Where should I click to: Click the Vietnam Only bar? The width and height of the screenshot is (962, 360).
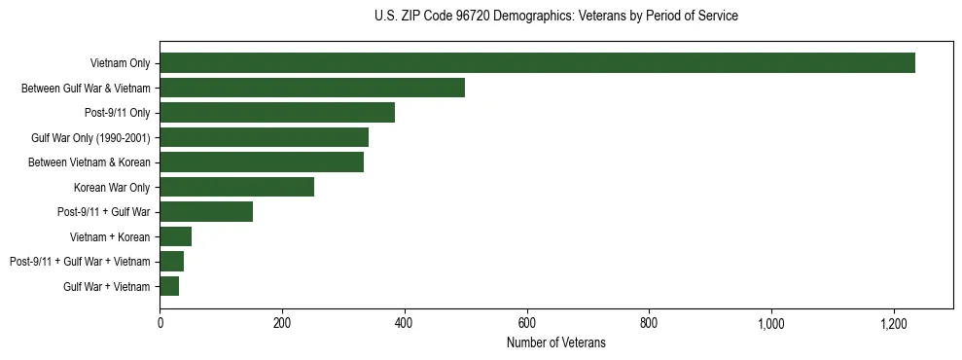pos(537,63)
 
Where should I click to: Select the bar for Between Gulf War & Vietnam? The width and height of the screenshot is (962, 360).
pos(312,88)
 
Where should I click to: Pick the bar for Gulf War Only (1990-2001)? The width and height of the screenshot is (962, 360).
pos(265,137)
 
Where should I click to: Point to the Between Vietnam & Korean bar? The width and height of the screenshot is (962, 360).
pos(262,162)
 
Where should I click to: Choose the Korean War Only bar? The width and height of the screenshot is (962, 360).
pos(237,187)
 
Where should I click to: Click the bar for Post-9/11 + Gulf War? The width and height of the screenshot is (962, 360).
pos(206,212)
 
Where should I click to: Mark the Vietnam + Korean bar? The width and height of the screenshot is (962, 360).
pos(176,236)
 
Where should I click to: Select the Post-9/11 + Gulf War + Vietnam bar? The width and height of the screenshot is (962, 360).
pos(172,261)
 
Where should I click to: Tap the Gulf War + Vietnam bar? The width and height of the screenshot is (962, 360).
pos(169,286)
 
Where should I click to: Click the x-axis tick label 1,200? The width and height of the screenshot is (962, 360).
pos(894,322)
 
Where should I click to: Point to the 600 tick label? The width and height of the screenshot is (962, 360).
pos(527,322)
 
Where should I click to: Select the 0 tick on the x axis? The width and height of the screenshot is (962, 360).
pos(160,322)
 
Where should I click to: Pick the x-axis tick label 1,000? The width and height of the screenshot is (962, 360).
pos(771,322)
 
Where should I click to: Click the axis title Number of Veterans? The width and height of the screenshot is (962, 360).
pos(556,342)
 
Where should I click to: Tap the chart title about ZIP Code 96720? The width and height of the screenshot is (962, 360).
pos(556,17)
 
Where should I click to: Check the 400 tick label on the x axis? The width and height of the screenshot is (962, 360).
pos(405,322)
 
